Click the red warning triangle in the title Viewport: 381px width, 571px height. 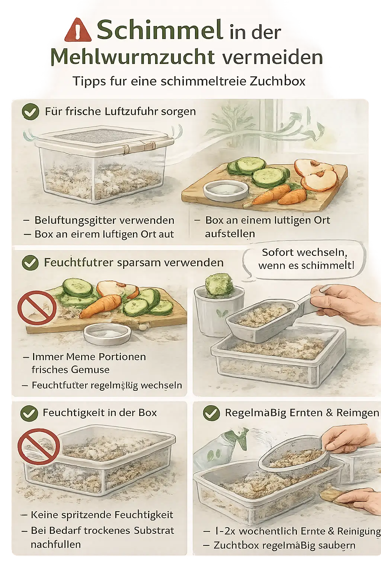click(77, 30)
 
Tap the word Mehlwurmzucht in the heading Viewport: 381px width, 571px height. click(132, 57)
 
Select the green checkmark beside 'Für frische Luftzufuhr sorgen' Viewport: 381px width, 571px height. click(31, 112)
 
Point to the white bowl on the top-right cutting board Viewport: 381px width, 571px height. click(226, 190)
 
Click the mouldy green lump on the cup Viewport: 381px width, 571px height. click(219, 284)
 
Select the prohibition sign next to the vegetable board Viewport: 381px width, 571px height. click(37, 307)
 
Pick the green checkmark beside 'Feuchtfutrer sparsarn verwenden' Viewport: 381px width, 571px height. click(30, 263)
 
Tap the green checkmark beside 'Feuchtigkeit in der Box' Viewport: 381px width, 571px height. click(29, 413)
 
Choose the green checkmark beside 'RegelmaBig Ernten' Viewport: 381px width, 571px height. click(211, 413)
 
